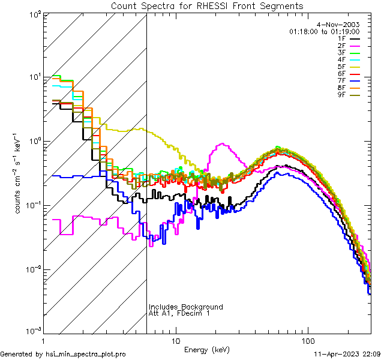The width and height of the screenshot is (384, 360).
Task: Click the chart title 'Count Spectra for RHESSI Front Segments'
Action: point(207,6)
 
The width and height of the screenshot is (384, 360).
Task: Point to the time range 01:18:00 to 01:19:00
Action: point(324,31)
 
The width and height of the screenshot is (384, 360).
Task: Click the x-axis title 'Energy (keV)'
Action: point(207,350)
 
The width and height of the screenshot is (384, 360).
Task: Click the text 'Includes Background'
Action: point(186,307)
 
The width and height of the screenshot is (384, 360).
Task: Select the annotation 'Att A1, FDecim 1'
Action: point(179,314)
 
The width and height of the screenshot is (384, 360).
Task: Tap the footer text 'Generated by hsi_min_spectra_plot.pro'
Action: point(63,355)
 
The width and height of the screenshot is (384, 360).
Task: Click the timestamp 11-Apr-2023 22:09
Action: point(347,355)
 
